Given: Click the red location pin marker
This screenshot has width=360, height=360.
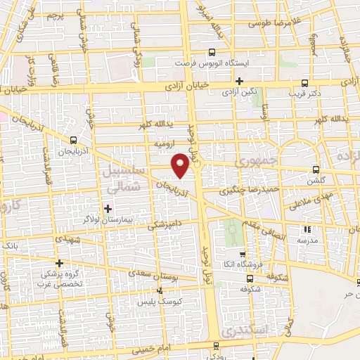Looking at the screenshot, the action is click(181, 165).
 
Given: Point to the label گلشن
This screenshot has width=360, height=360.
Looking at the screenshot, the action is click(314, 180).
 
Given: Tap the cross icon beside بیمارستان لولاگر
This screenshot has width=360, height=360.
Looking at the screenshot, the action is click(108, 208).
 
